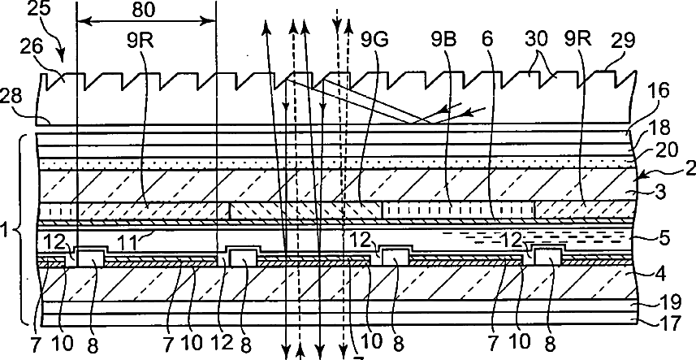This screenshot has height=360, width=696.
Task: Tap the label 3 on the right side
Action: tap(660, 193)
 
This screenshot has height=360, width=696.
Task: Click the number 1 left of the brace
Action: tap(7, 231)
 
